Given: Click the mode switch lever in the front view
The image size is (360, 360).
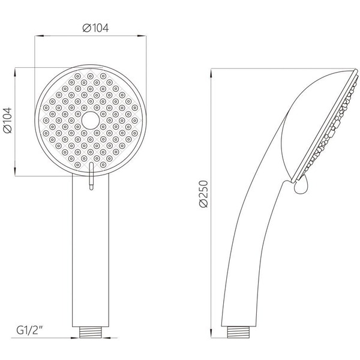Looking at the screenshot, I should [x=90, y=177].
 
